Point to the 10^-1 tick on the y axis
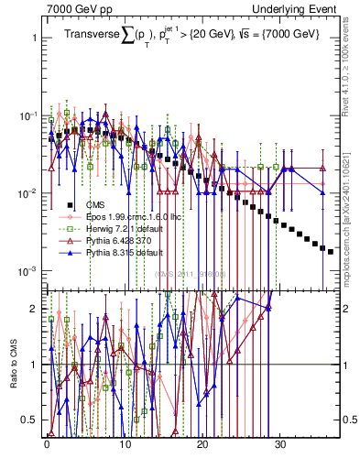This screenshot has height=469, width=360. click(x=27, y=116)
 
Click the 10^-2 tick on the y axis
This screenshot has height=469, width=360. click(x=27, y=194)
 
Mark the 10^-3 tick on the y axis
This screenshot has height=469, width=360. click(x=27, y=272)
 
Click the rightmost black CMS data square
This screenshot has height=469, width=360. click(x=331, y=251)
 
